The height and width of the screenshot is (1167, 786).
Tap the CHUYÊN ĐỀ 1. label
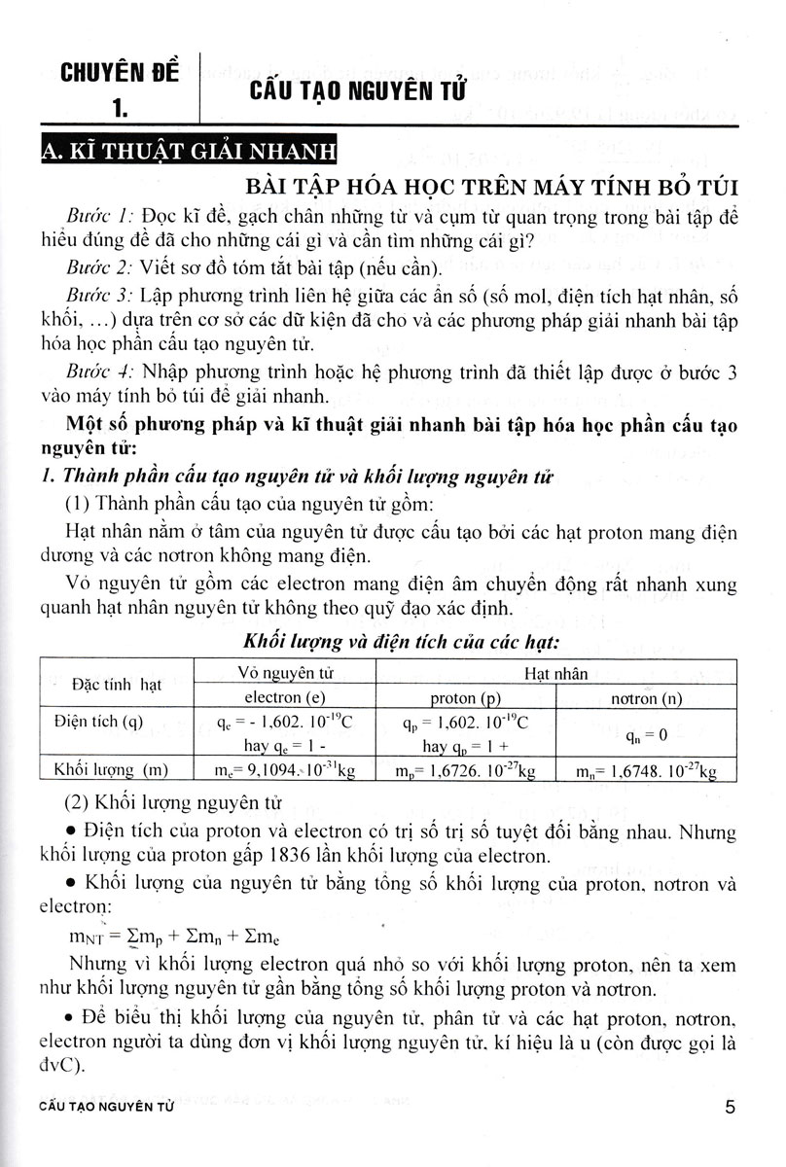(115, 88)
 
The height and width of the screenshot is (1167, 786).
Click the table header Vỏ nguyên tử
(293, 674)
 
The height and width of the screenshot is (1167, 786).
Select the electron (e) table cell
(291, 697)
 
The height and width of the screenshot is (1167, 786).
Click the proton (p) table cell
(464, 697)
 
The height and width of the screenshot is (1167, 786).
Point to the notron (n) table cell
(648, 697)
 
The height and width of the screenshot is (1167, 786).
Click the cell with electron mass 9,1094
(291, 771)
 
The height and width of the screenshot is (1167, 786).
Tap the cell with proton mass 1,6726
(466, 771)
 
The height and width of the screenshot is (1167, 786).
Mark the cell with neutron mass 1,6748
(647, 771)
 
